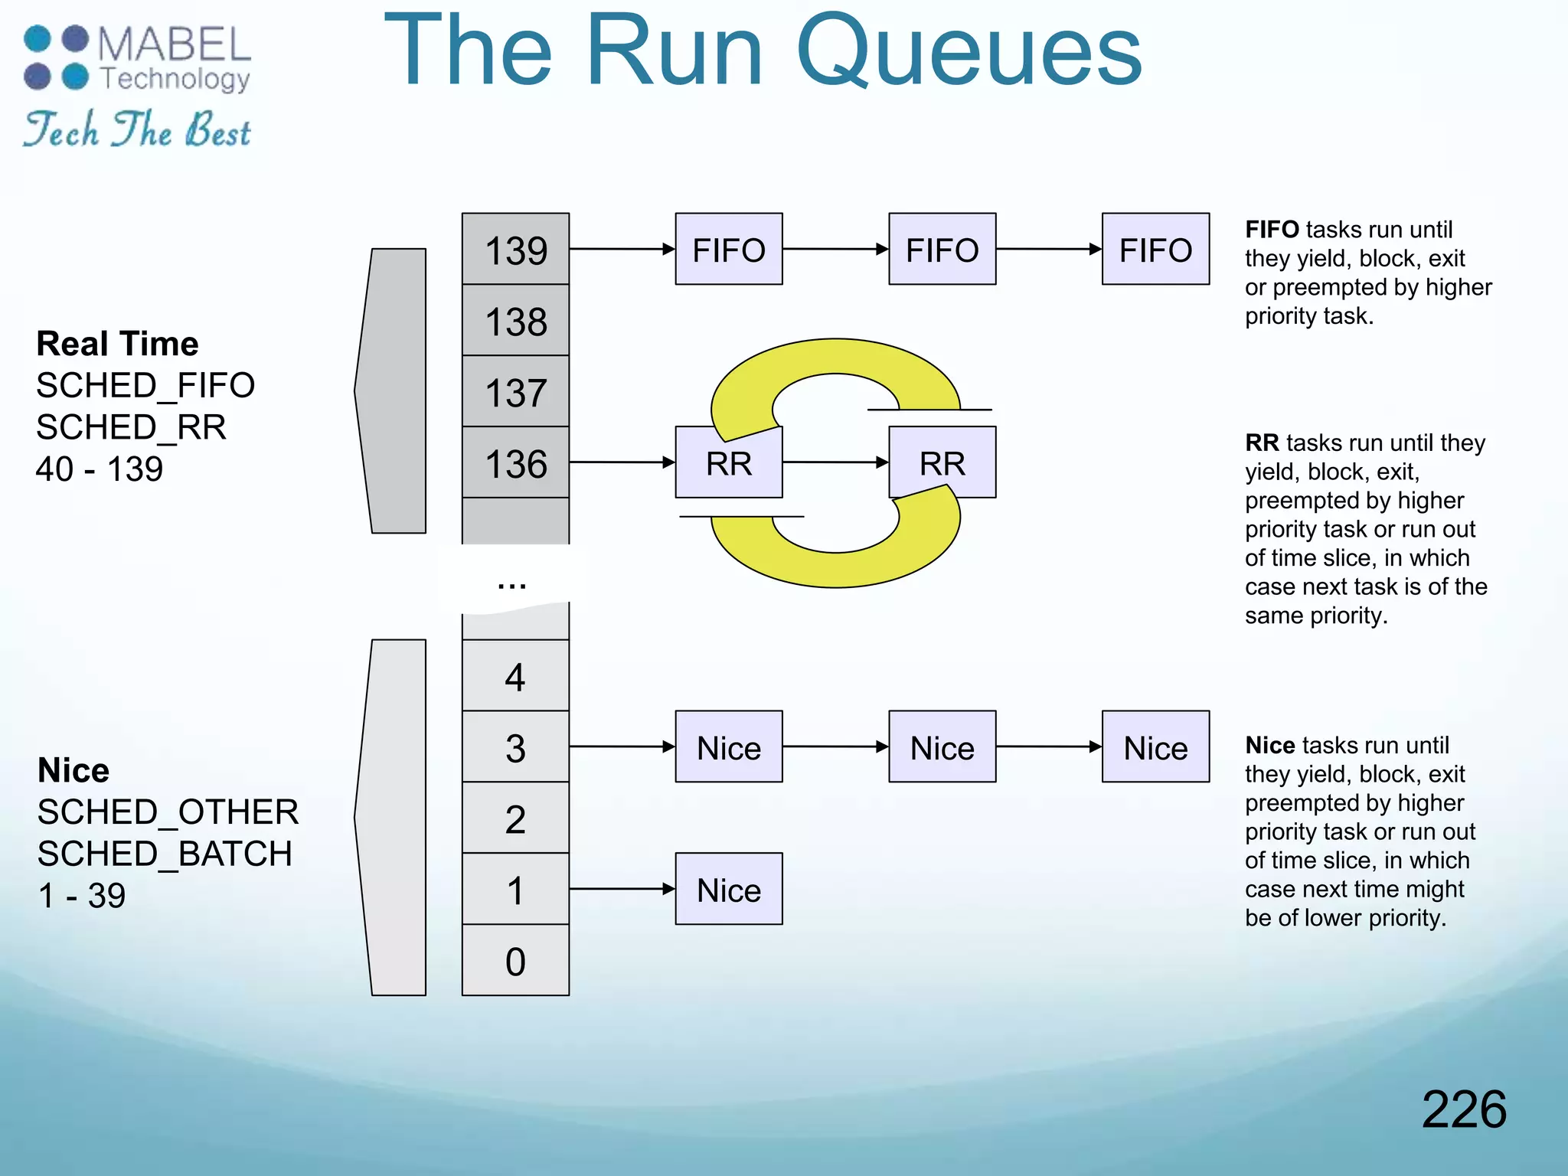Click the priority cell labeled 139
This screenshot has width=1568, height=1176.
pyautogui.click(x=515, y=250)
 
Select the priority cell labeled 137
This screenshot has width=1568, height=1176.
pyautogui.click(x=515, y=392)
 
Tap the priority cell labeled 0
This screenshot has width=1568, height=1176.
pyautogui.click(x=515, y=961)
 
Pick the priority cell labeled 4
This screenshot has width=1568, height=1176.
pyautogui.click(x=515, y=676)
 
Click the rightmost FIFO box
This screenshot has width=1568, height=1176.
pyautogui.click(x=1155, y=250)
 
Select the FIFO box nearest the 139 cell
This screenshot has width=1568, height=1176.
pyautogui.click(x=729, y=250)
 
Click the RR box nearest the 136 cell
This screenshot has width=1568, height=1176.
pyautogui.click(x=729, y=463)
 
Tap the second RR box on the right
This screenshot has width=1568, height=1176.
pyautogui.click(x=942, y=463)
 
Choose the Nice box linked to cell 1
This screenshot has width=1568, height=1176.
pyautogui.click(x=729, y=890)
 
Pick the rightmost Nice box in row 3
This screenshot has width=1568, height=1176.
pyautogui.click(x=1155, y=747)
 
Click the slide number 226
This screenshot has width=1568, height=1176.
pyautogui.click(x=1463, y=1109)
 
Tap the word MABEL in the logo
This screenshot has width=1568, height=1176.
pyautogui.click(x=175, y=44)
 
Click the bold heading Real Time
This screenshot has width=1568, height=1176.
pyautogui.click(x=117, y=344)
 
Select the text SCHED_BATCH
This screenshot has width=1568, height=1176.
pyautogui.click(x=165, y=854)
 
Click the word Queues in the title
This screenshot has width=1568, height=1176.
pyautogui.click(x=969, y=52)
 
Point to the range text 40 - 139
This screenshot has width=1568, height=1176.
pyautogui.click(x=100, y=469)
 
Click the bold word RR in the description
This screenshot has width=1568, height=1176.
pyautogui.click(x=1262, y=443)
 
